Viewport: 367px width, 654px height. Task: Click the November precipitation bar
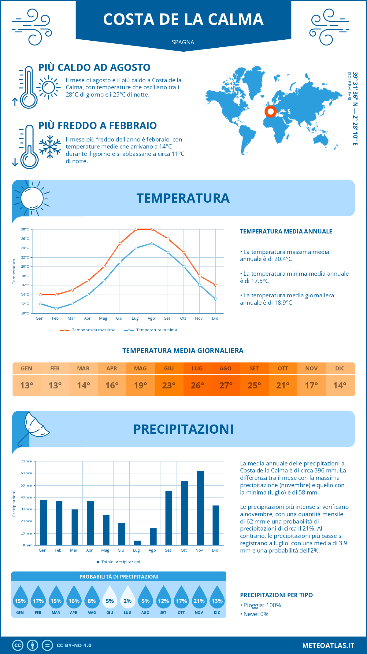click(x=200, y=508)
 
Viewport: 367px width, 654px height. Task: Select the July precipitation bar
click(x=138, y=543)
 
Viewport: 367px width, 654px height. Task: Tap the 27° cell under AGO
click(x=226, y=385)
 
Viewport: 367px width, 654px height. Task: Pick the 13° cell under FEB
click(x=55, y=385)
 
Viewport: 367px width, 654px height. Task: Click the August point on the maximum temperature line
click(x=152, y=229)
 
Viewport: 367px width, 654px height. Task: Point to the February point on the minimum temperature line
click(x=56, y=309)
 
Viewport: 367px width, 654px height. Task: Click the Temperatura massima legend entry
click(x=88, y=330)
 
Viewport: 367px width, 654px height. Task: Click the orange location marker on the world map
click(x=270, y=112)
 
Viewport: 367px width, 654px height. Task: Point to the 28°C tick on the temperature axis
click(x=25, y=229)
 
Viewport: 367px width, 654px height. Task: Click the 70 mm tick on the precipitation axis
click(x=27, y=461)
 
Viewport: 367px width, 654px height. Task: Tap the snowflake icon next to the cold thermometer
click(x=50, y=147)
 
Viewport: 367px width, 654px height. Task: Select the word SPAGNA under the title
click(x=183, y=42)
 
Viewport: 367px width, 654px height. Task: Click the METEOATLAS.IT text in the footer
click(x=328, y=645)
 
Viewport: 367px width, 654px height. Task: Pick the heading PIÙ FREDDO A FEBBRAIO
click(x=98, y=126)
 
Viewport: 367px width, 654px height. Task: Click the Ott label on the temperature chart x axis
click(x=183, y=318)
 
